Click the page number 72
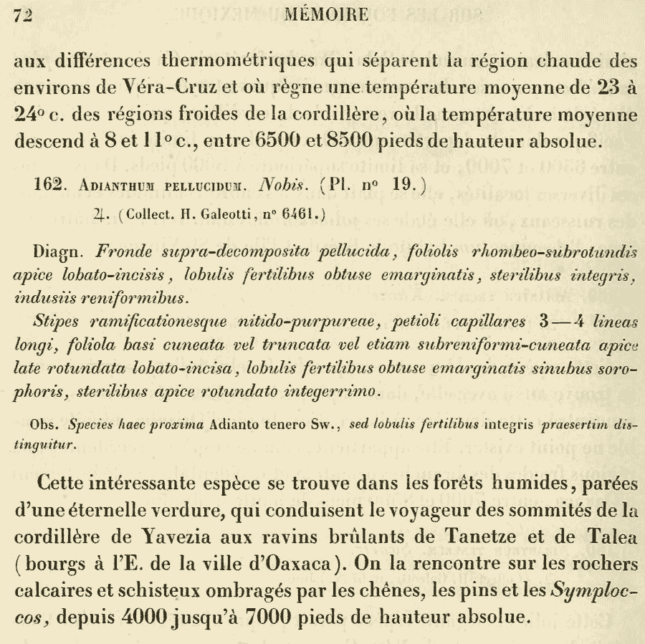click(25, 14)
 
